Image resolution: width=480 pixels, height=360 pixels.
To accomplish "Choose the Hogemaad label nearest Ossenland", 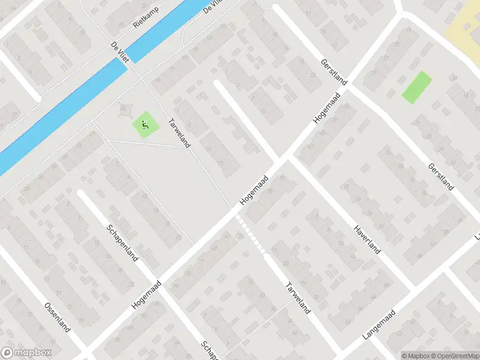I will pyautogui.click(x=147, y=294).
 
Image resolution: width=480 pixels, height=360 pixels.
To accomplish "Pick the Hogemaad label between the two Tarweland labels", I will pyautogui.click(x=252, y=192).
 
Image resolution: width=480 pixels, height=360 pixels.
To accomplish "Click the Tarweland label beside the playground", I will pyautogui.click(x=180, y=132).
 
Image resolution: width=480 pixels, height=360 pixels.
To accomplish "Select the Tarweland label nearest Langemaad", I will pyautogui.click(x=298, y=298).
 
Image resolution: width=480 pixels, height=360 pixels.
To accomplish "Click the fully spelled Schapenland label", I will pyautogui.click(x=122, y=242).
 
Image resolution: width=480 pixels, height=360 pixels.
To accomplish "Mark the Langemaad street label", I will pyautogui.click(x=379, y=326).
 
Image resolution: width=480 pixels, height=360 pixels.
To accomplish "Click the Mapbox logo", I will pyautogui.click(x=26, y=353).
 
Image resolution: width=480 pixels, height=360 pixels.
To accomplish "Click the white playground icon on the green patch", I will pyautogui.click(x=145, y=125).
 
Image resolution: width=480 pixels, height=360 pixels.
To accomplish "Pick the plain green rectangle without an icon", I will pyautogui.click(x=416, y=87).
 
